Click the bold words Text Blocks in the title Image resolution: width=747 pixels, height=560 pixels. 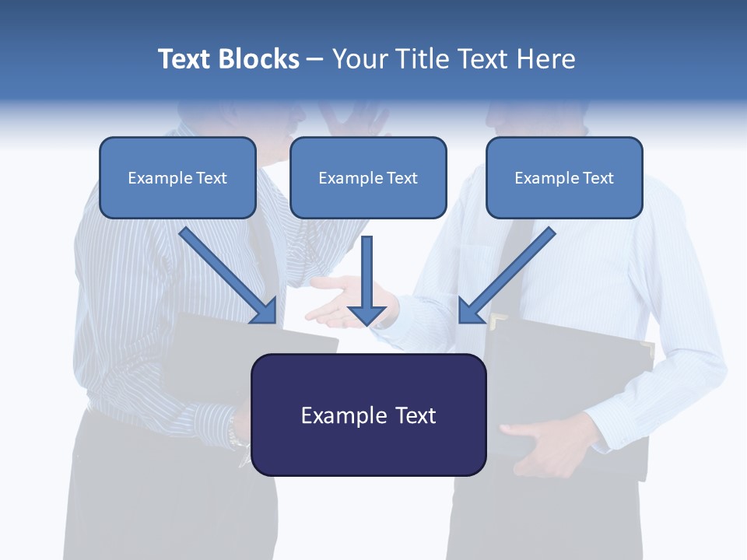tap(228, 59)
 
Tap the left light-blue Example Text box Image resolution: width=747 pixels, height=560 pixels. tap(177, 178)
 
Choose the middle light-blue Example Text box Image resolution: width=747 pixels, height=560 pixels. tap(368, 178)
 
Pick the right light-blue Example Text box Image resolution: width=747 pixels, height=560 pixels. tap(564, 178)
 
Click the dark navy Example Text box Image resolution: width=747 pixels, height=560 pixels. tap(368, 415)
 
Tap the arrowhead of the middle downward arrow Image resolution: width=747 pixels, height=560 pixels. tap(366, 314)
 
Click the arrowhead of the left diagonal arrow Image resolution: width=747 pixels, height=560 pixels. tap(265, 312)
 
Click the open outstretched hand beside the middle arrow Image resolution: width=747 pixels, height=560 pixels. tap(331, 307)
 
